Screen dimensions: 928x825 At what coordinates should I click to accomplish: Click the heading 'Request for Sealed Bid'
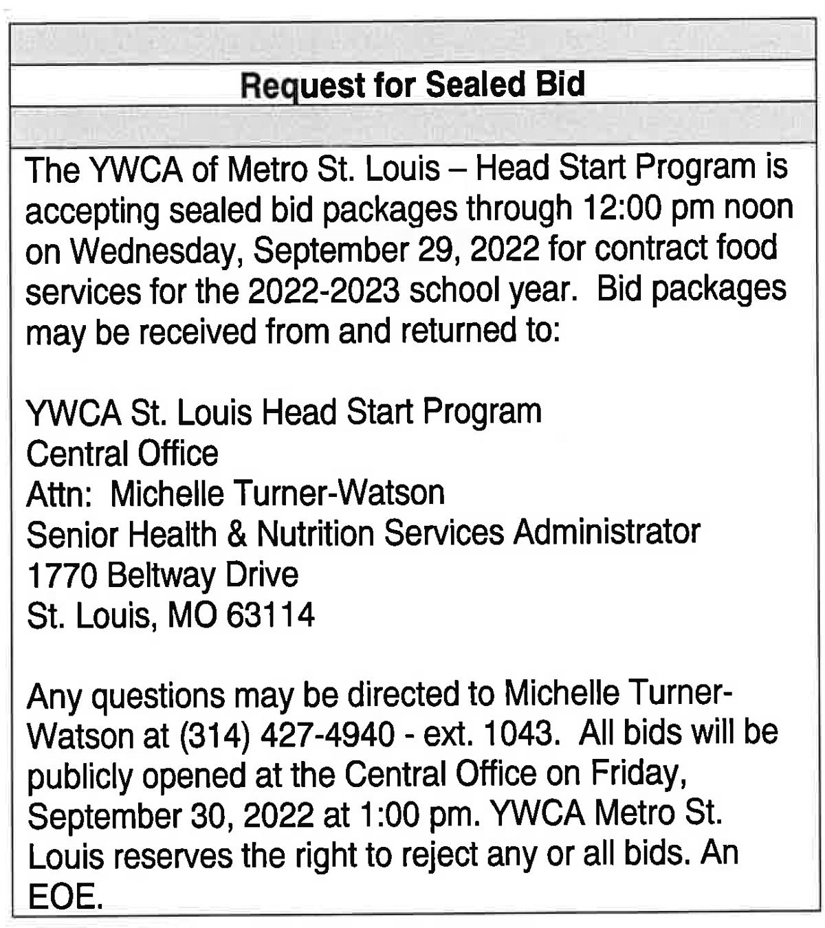click(x=412, y=85)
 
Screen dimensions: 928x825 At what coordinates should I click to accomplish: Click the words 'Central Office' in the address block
click(x=122, y=454)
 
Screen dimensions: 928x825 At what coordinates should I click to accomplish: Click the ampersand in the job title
click(x=236, y=534)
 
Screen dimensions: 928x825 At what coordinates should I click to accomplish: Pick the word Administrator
click(x=607, y=533)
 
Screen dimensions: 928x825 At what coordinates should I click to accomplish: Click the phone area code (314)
click(x=213, y=736)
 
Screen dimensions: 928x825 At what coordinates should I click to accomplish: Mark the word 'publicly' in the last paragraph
click(x=80, y=777)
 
